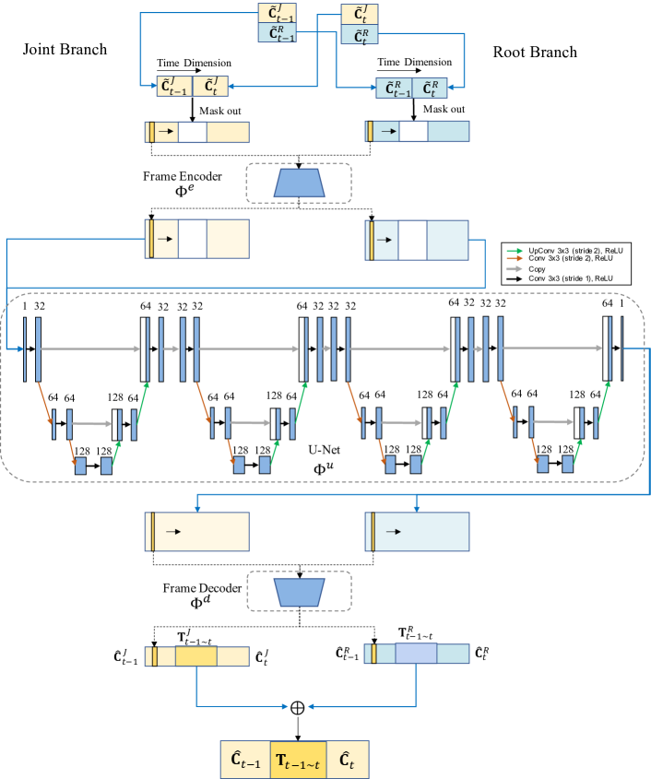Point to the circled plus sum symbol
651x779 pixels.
(x=298, y=708)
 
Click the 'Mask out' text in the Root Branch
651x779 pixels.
(x=444, y=108)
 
